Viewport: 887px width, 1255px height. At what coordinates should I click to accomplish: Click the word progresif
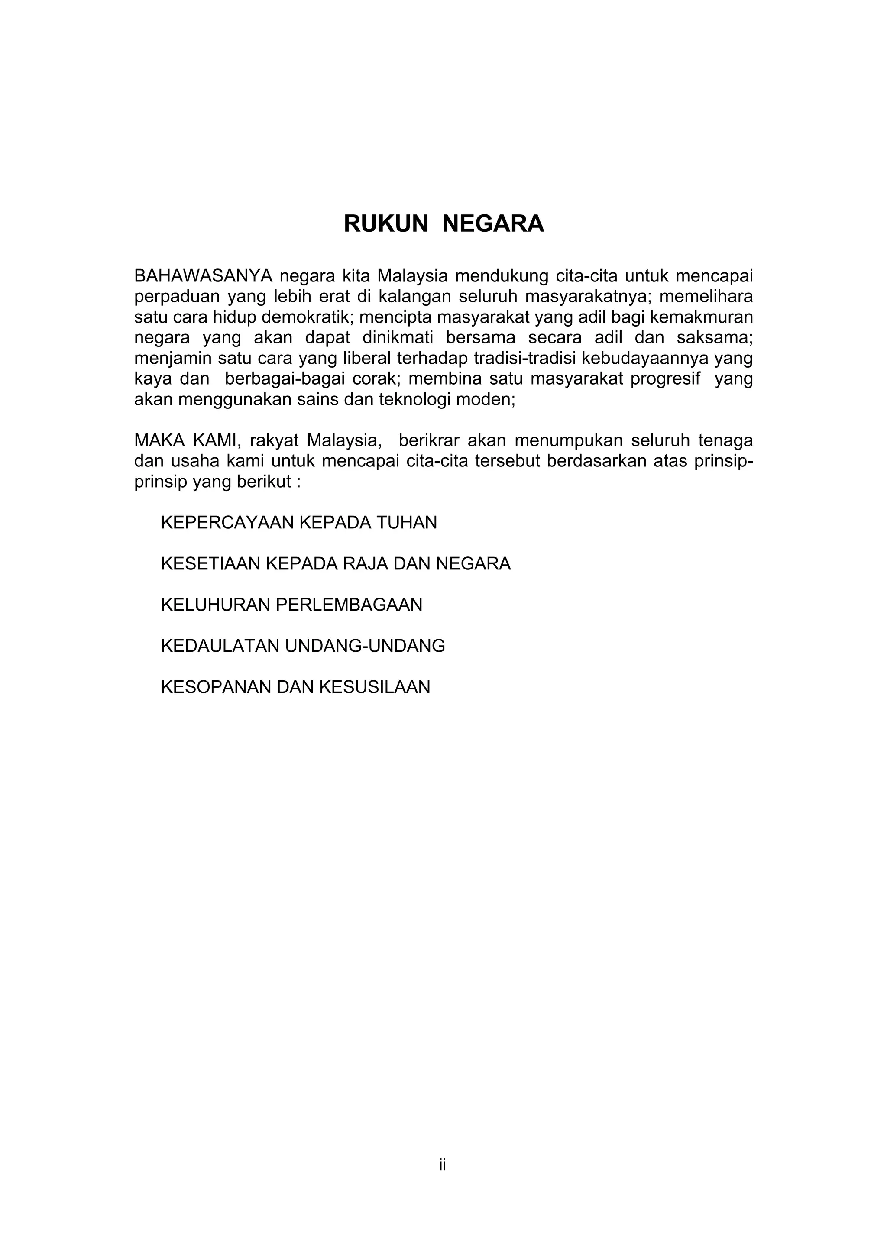pos(665,379)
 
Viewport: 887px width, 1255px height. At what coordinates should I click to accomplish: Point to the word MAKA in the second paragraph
pos(158,440)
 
